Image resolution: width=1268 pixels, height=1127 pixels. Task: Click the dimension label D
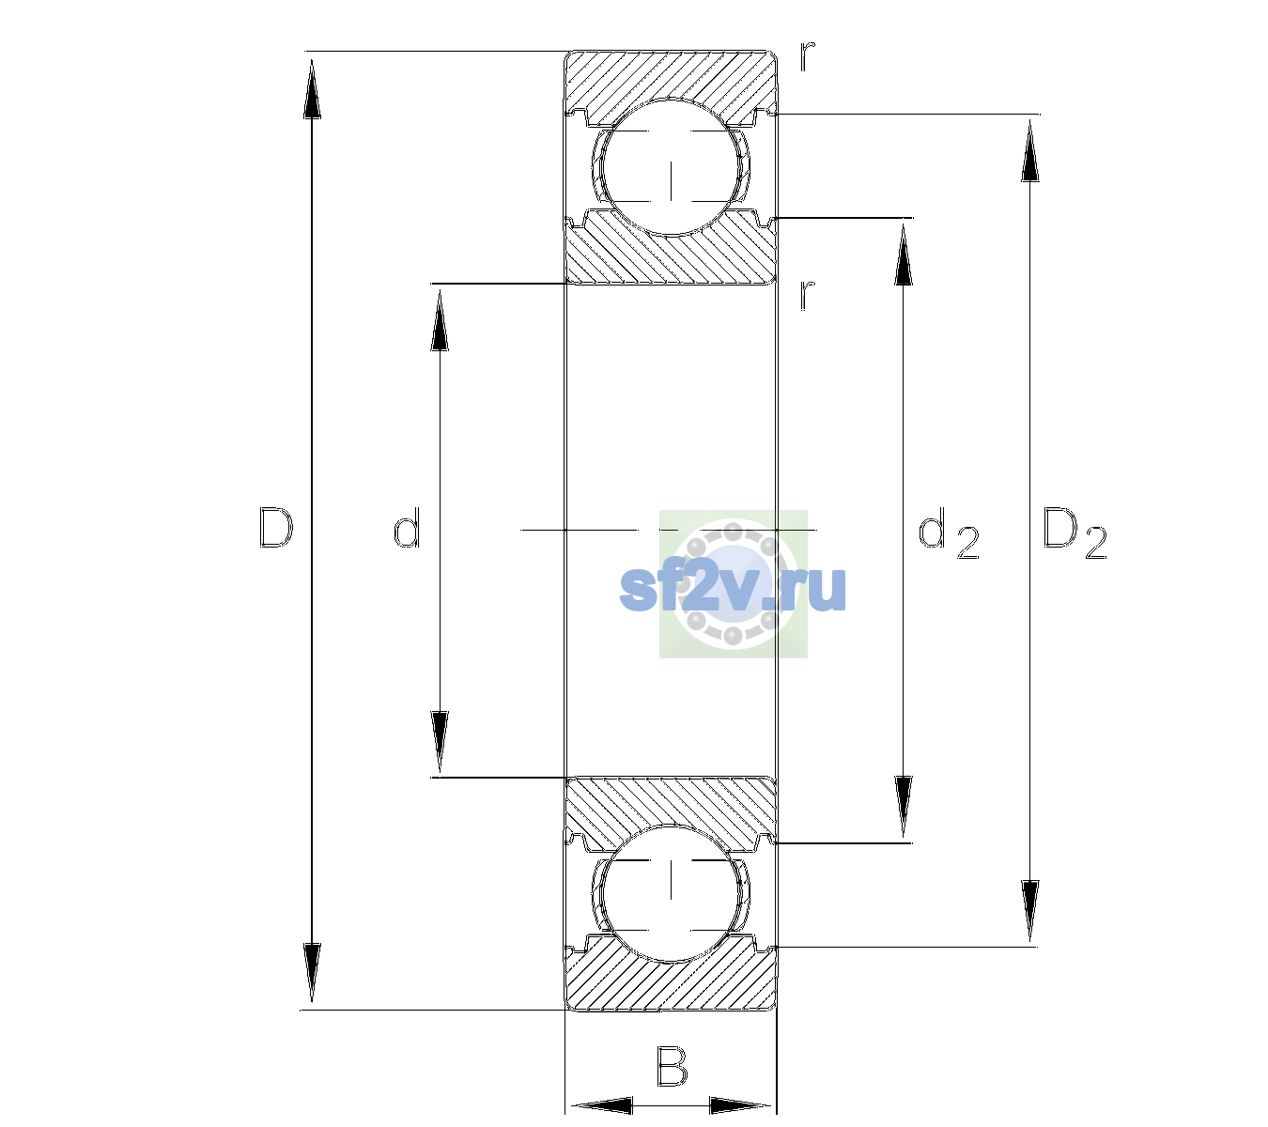pos(276,528)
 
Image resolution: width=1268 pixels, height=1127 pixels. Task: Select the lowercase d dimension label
pos(407,527)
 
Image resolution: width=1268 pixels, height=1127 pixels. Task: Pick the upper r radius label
pos(808,55)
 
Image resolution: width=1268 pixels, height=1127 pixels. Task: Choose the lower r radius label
pos(808,295)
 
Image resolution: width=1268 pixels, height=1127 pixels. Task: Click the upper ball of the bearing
pos(671,167)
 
